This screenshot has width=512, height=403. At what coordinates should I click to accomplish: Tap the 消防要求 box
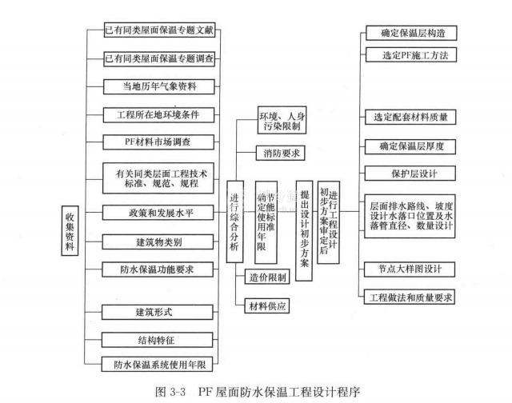(274, 151)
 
